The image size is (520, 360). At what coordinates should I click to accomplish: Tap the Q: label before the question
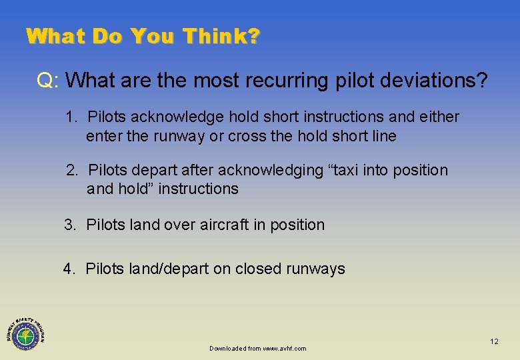click(49, 81)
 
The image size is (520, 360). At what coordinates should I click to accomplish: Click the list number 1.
click(70, 117)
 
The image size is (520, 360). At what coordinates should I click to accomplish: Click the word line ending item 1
click(383, 137)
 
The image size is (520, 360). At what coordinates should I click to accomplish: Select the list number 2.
click(71, 171)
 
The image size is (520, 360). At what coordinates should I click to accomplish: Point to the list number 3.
click(70, 225)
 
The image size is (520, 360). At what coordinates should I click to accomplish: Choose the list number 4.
click(69, 269)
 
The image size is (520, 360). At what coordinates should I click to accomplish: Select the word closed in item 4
click(259, 269)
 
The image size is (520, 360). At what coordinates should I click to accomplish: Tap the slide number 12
click(494, 341)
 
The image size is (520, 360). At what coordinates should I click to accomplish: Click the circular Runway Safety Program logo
click(25, 331)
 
